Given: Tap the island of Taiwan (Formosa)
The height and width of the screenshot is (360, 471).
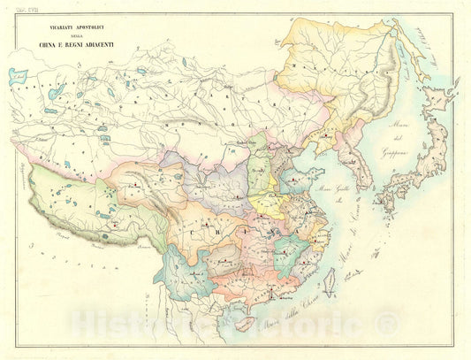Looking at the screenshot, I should pos(333,282).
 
